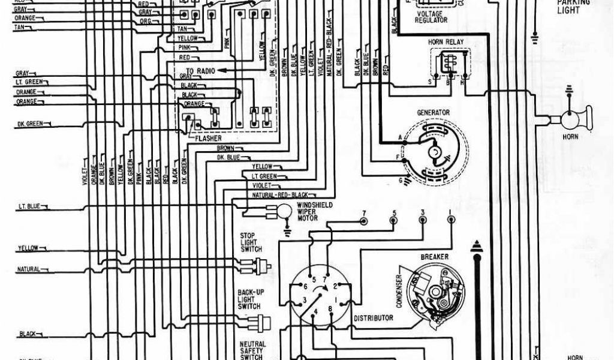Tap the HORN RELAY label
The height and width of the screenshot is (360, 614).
(x=445, y=42)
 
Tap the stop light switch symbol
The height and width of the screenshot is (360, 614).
(x=261, y=265)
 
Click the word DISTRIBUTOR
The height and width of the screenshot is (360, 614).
(x=374, y=317)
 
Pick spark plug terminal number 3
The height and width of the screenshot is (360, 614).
(x=423, y=220)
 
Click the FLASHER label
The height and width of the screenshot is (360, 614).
(x=207, y=139)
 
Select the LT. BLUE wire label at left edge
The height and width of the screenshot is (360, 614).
(x=29, y=206)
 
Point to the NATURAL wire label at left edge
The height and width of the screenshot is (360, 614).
(x=28, y=269)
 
